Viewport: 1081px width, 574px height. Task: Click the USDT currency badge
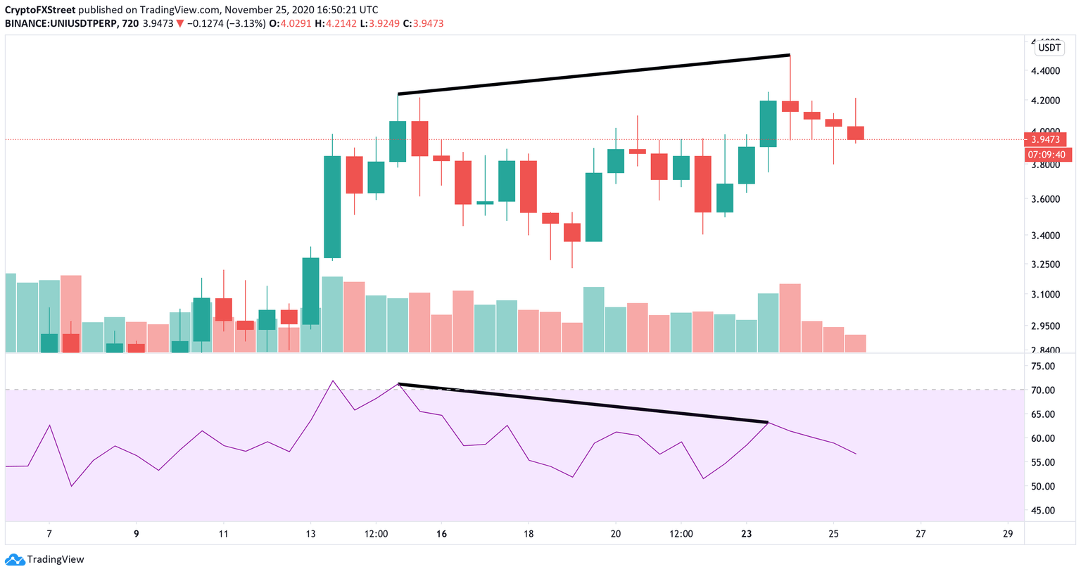(1049, 48)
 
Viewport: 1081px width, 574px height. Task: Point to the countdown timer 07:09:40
(1047, 154)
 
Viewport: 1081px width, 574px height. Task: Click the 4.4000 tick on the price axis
(1045, 71)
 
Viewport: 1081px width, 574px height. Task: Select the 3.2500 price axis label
(1045, 264)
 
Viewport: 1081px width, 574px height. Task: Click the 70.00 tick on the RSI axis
(1043, 390)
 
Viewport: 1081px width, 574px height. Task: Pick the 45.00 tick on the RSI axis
(1043, 511)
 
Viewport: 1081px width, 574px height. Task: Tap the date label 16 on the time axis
(441, 534)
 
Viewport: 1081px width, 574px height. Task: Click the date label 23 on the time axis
(746, 534)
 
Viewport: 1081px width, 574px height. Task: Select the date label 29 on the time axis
(1008, 534)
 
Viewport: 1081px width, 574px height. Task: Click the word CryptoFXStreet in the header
(39, 10)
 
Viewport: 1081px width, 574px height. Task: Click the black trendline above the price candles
(593, 74)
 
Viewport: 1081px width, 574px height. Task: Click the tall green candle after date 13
(332, 207)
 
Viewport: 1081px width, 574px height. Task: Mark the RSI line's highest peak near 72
(332, 381)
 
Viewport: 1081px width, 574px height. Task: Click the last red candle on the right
(855, 133)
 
